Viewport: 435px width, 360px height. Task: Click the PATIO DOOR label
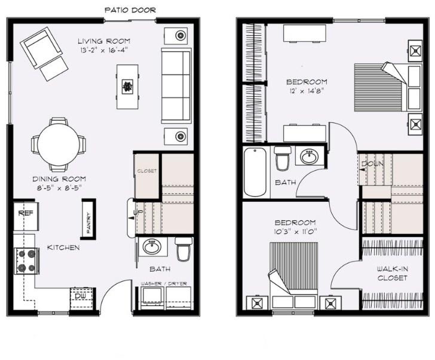[130, 10]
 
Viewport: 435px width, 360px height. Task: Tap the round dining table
[59, 144]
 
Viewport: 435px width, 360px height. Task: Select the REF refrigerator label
[26, 213]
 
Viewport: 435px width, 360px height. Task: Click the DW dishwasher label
[80, 296]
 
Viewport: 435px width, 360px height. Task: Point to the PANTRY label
[89, 219]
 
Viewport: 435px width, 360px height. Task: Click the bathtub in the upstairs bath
[255, 172]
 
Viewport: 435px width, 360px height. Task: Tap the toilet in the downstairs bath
[183, 248]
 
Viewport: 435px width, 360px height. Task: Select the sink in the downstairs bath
[152, 247]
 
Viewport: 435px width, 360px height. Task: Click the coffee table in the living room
[128, 87]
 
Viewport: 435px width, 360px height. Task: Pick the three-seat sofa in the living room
[176, 85]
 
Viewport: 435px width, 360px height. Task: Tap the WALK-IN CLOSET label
[392, 273]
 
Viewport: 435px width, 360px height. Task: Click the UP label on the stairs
[138, 213]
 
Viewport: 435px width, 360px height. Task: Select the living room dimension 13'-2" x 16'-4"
[104, 50]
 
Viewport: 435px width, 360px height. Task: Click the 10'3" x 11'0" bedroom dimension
[295, 232]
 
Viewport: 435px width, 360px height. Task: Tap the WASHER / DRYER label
[164, 284]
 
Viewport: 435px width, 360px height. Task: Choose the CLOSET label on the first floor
[147, 171]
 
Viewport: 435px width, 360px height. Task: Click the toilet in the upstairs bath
[283, 158]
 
